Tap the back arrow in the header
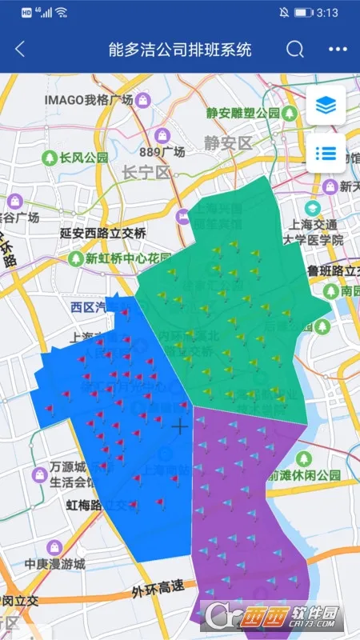coord(20,49)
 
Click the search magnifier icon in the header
coord(295,49)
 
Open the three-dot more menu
coord(338,49)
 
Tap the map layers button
coord(326,105)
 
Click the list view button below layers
coord(326,153)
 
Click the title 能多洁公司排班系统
coord(180,49)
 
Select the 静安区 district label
coord(228,144)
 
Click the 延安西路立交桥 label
coord(103,234)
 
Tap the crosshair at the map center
coord(180,426)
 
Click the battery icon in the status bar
coord(303,13)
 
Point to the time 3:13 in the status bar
coord(328,13)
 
